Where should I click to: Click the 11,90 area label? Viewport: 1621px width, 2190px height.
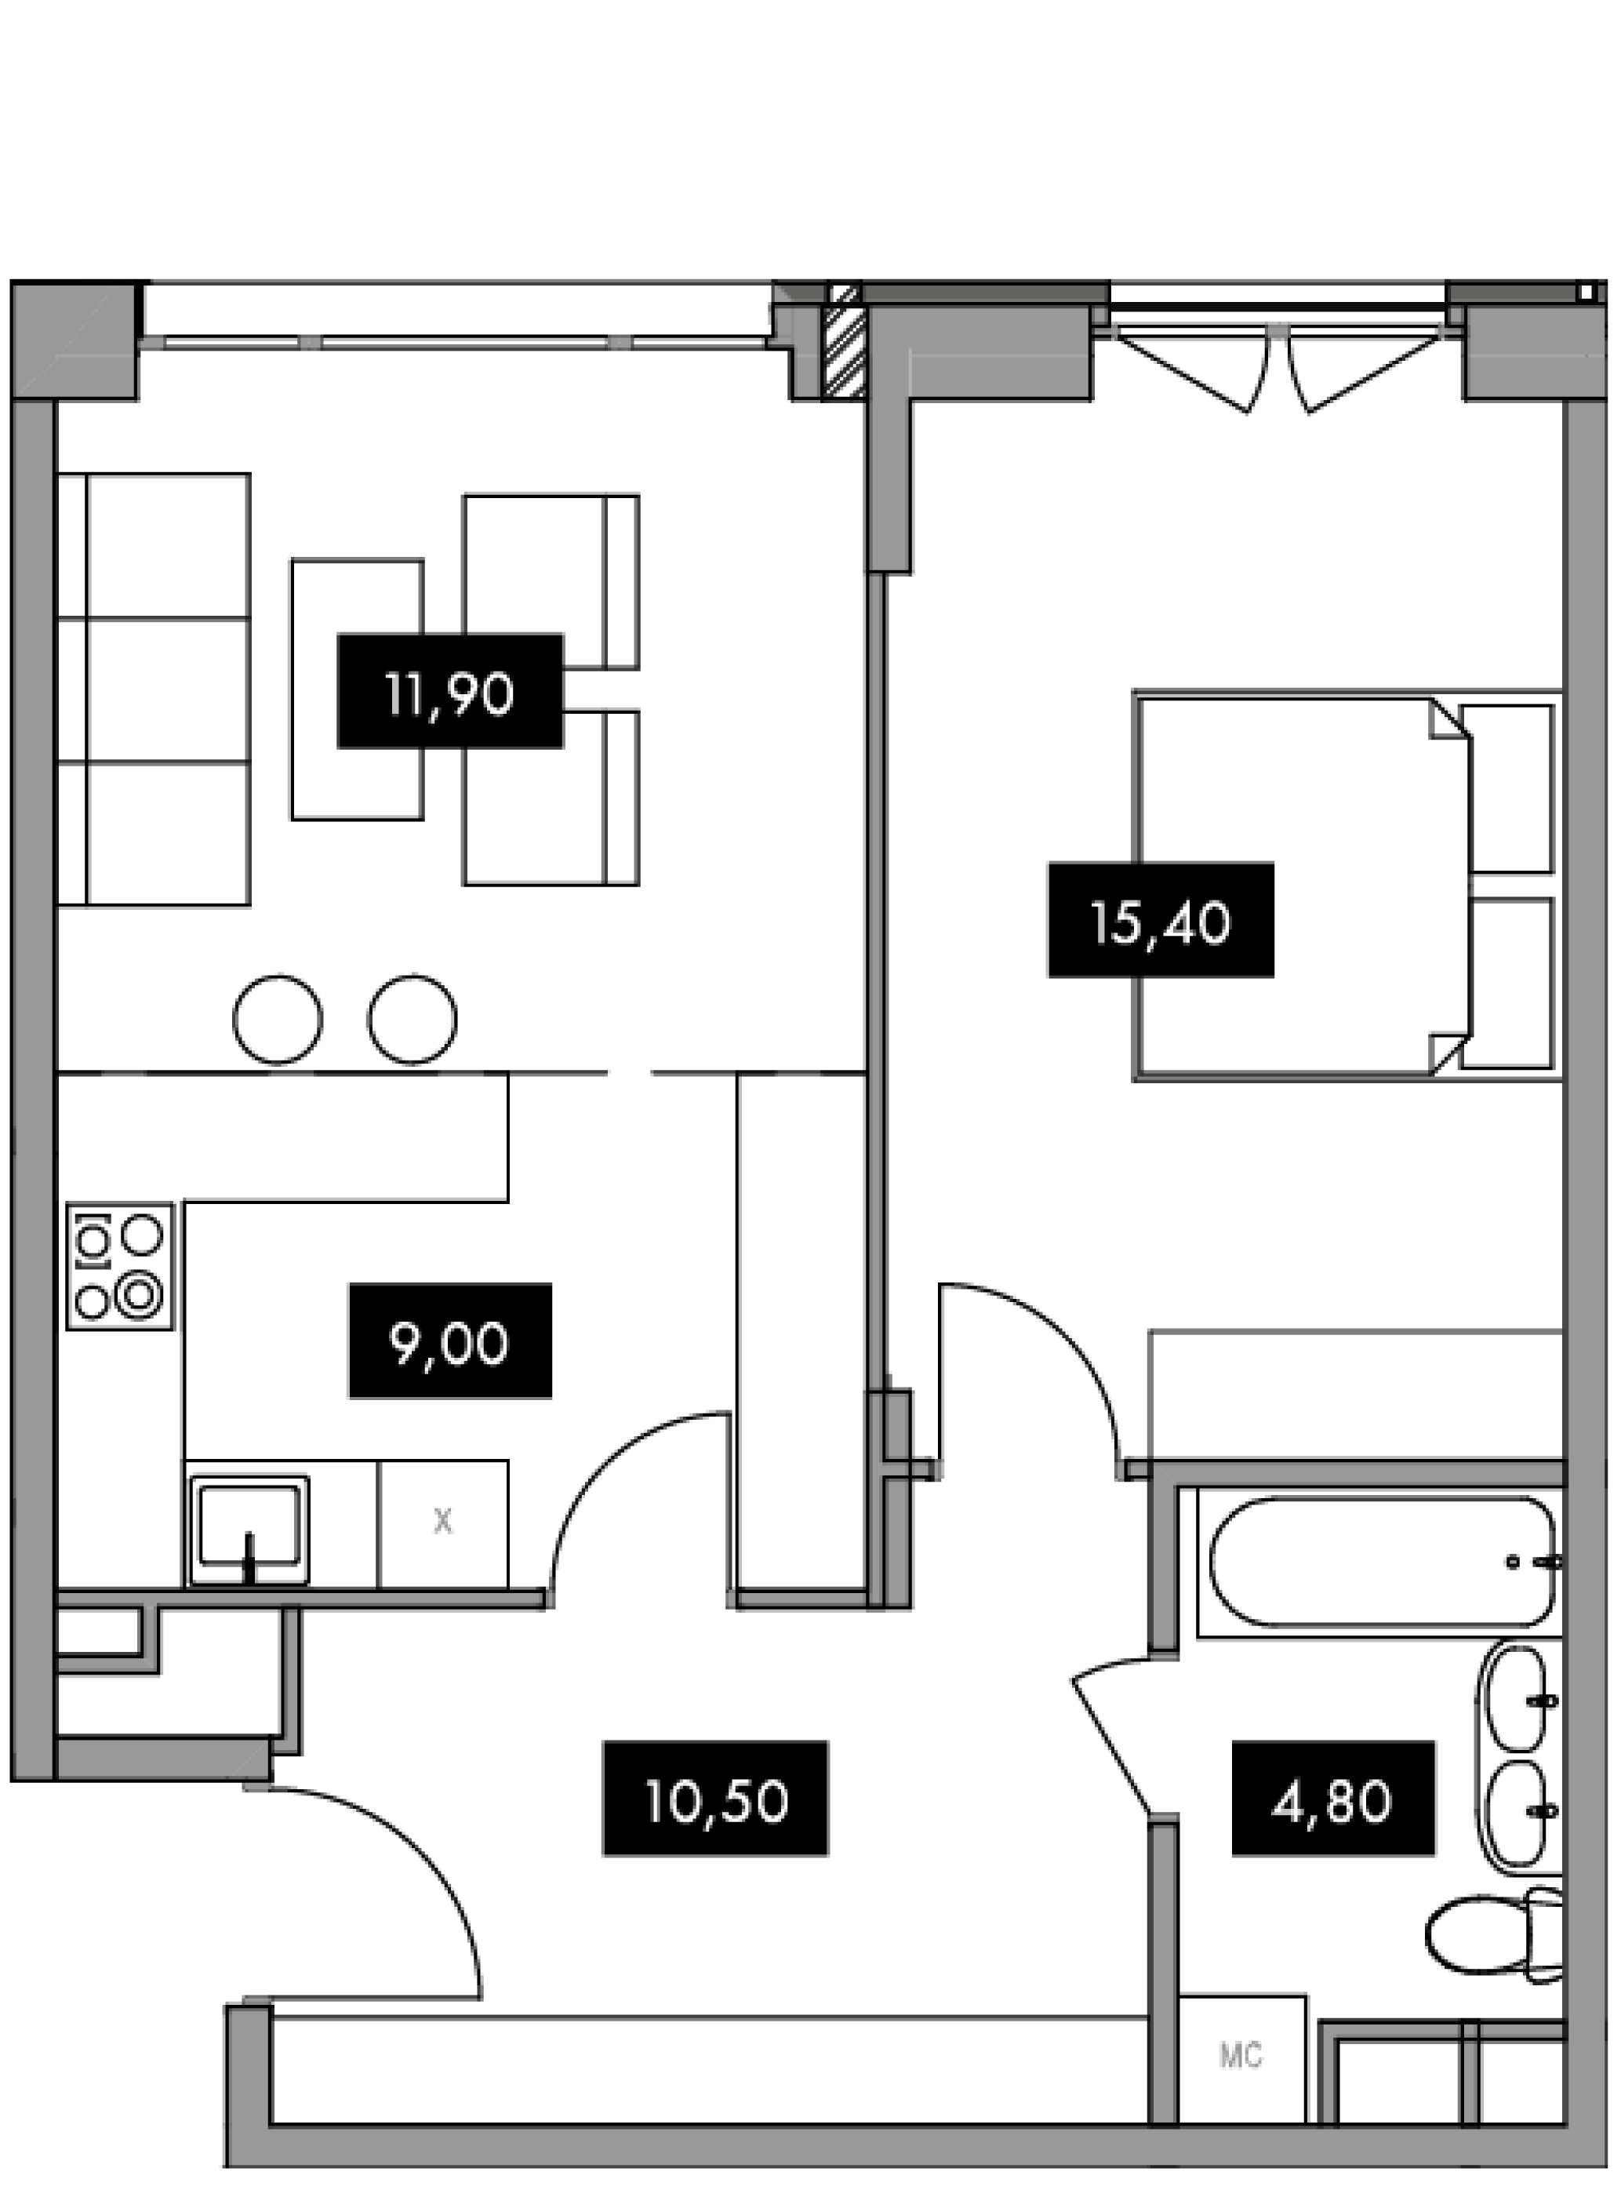pos(449,691)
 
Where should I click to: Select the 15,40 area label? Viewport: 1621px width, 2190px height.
pos(1161,920)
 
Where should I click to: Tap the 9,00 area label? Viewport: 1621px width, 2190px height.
pos(450,1341)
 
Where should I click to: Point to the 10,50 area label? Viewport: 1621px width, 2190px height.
pos(715,1799)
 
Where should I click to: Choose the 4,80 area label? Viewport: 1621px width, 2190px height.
pos(1333,1799)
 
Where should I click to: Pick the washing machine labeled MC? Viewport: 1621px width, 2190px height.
pos(1241,2056)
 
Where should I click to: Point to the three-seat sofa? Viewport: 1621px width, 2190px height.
pos(154,689)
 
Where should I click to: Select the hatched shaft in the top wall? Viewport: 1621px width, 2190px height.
pos(843,340)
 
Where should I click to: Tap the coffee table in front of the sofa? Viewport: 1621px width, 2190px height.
pos(357,689)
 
